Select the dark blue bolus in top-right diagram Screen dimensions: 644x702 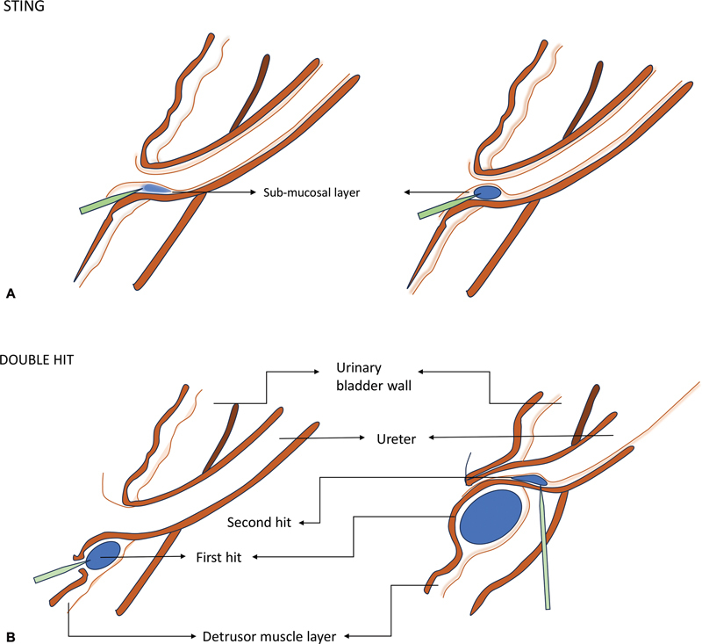click(x=486, y=192)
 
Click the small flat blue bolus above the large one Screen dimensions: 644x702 click(x=527, y=480)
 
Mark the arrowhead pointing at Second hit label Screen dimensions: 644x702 click(x=302, y=522)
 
